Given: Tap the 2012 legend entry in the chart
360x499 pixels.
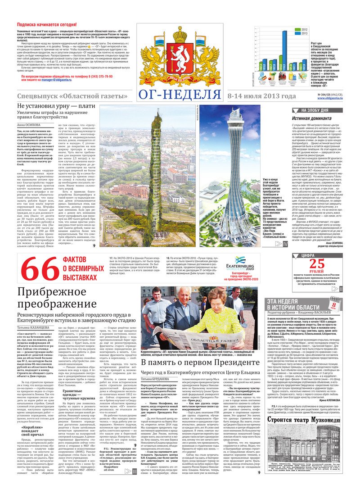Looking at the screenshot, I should click(x=301, y=29).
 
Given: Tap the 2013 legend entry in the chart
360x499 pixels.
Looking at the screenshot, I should click(x=301, y=33).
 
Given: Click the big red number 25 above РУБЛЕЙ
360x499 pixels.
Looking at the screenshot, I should click(x=316, y=264).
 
